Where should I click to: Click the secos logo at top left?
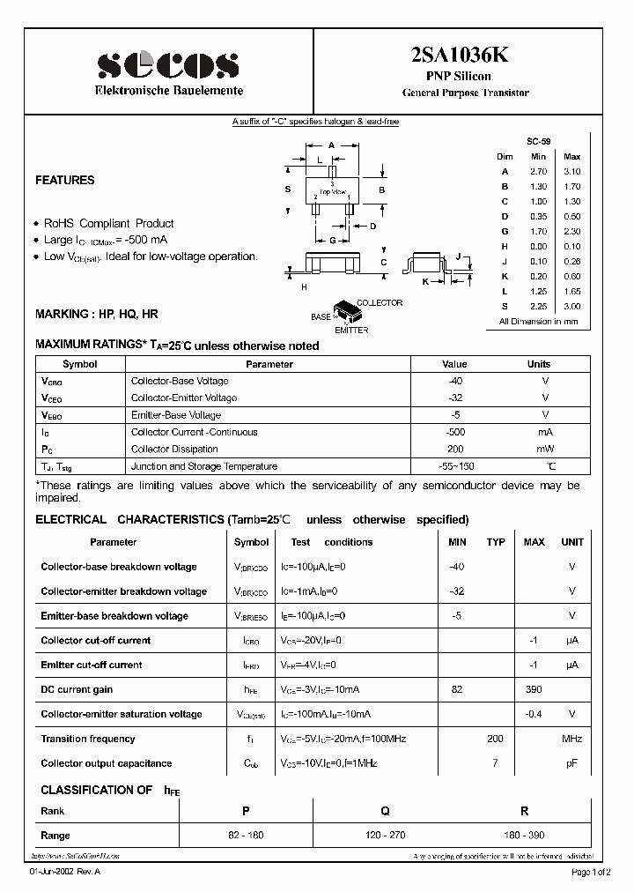tap(167, 64)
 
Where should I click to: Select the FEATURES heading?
tap(64, 181)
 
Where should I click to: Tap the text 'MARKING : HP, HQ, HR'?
tap(97, 314)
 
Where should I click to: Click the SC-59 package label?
tap(539, 142)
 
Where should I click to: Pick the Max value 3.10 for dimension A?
tap(571, 172)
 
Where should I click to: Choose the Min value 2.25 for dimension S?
tap(539, 307)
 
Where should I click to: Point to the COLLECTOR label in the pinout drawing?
tap(380, 303)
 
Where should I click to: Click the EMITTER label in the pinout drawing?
tap(351, 331)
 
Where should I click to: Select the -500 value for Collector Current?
tap(454, 433)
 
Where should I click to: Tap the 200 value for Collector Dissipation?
tap(454, 450)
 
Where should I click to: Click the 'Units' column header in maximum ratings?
tap(538, 364)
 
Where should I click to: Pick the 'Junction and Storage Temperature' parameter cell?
tap(203, 467)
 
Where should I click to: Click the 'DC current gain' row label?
tap(77, 690)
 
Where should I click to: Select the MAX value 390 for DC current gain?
tap(534, 690)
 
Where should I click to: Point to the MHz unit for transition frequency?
tap(572, 740)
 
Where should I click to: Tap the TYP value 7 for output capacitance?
tap(496, 764)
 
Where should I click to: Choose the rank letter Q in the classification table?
tap(385, 811)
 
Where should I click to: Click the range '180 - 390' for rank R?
tap(525, 836)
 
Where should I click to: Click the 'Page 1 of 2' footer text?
tap(594, 872)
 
